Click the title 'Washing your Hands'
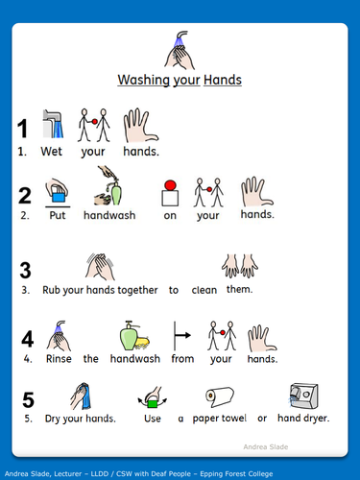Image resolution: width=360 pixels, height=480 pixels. pyautogui.click(x=180, y=81)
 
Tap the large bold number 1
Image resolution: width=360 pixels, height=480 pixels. pyautogui.click(x=22, y=129)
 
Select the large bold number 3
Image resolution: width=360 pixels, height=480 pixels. pyautogui.click(x=26, y=270)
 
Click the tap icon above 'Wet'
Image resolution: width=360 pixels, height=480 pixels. pyautogui.click(x=52, y=123)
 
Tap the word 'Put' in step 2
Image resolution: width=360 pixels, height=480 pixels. pyautogui.click(x=58, y=215)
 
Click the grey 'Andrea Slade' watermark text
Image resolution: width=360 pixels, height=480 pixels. pyautogui.click(x=312, y=445)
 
